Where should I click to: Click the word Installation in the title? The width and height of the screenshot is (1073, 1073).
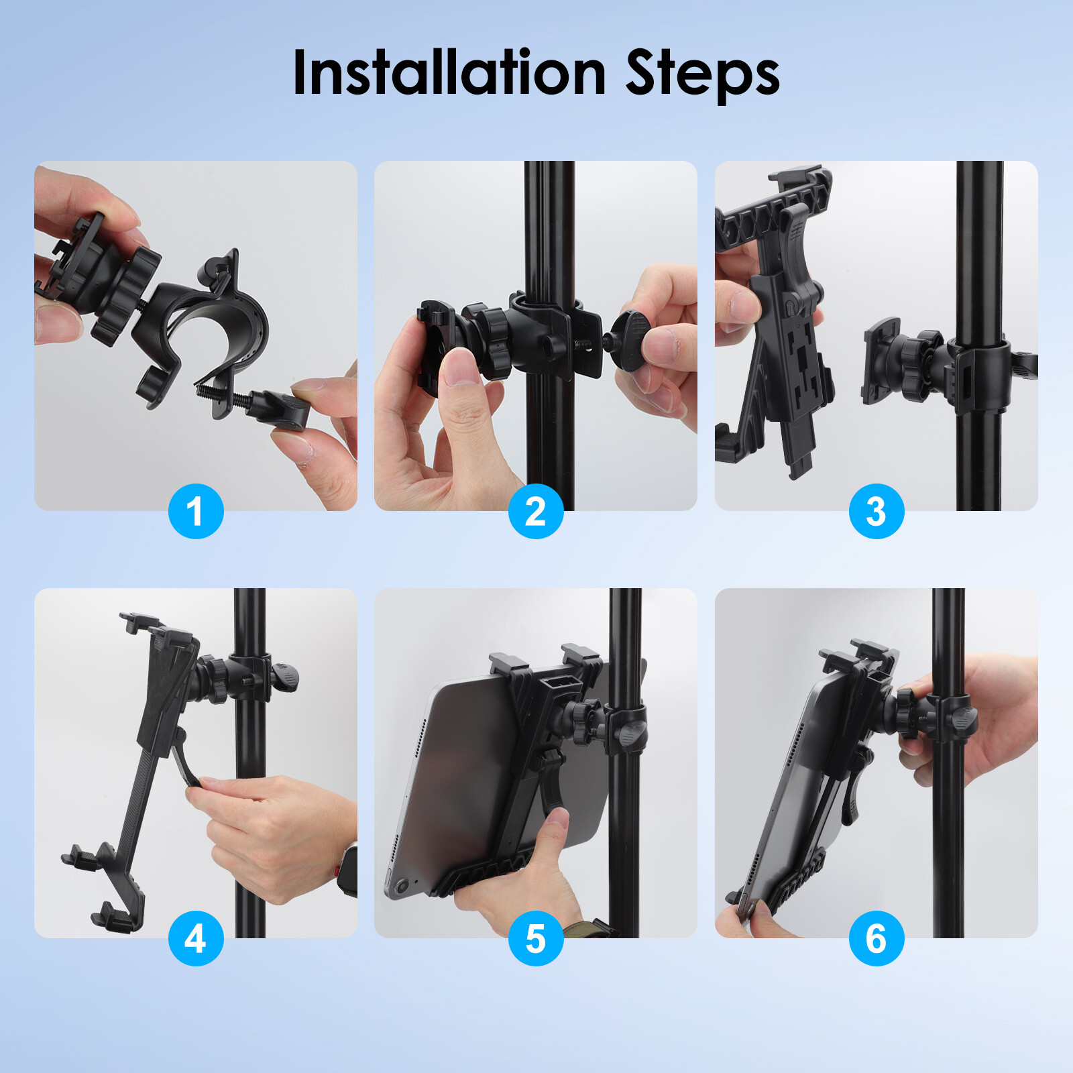449,74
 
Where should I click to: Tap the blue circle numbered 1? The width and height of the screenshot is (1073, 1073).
196,511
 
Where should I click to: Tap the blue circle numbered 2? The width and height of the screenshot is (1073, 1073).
536,511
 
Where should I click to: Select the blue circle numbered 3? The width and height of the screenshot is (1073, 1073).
876,511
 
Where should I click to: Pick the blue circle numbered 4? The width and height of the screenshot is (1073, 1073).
196,938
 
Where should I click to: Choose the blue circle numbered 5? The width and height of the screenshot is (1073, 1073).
536,938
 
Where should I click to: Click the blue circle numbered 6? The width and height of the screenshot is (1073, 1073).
876,938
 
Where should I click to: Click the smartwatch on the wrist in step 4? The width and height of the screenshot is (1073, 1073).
348,872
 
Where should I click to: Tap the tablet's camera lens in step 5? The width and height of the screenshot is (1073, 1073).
401,887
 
